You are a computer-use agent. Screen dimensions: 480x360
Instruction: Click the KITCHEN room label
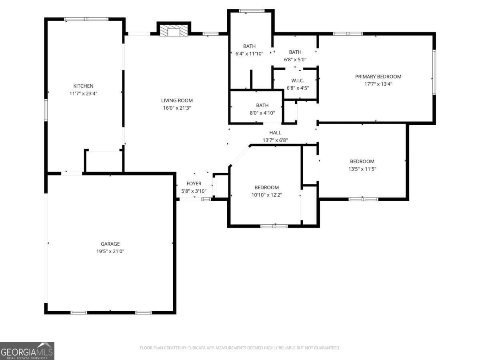pyautogui.click(x=83, y=86)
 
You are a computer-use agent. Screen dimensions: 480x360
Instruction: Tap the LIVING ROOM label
pyautogui.click(x=177, y=100)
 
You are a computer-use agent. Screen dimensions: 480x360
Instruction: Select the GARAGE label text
pyautogui.click(x=110, y=244)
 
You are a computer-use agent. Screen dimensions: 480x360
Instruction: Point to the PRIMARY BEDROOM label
pyautogui.click(x=378, y=76)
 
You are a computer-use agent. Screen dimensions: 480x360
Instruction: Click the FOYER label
pyautogui.click(x=194, y=183)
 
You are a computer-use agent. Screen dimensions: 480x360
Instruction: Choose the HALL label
pyautogui.click(x=275, y=132)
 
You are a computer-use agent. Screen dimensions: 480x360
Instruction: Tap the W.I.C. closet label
pyautogui.click(x=298, y=80)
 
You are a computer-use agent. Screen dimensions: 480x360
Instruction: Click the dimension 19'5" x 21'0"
pyautogui.click(x=110, y=251)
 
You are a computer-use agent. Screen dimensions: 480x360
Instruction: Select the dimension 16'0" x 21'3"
pyautogui.click(x=177, y=108)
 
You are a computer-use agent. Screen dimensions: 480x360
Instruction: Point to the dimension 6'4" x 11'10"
pyautogui.click(x=249, y=54)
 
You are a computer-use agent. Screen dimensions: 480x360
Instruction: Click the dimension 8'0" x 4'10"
pyautogui.click(x=262, y=113)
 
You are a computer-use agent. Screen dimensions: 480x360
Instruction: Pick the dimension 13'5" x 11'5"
pyautogui.click(x=362, y=169)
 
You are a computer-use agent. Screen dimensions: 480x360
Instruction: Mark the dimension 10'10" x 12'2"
pyautogui.click(x=266, y=195)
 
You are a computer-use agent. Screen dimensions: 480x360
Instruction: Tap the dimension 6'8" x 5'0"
pyautogui.click(x=295, y=60)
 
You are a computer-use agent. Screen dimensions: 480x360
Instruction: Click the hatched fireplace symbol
pyautogui.click(x=174, y=31)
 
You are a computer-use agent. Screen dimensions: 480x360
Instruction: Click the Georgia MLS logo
pyautogui.click(x=27, y=351)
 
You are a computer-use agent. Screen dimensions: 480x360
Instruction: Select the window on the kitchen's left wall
pyautogui.click(x=46, y=110)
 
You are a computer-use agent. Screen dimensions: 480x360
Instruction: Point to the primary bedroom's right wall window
pyautogui.click(x=434, y=72)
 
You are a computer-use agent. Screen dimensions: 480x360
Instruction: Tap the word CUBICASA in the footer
pyautogui.click(x=196, y=348)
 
